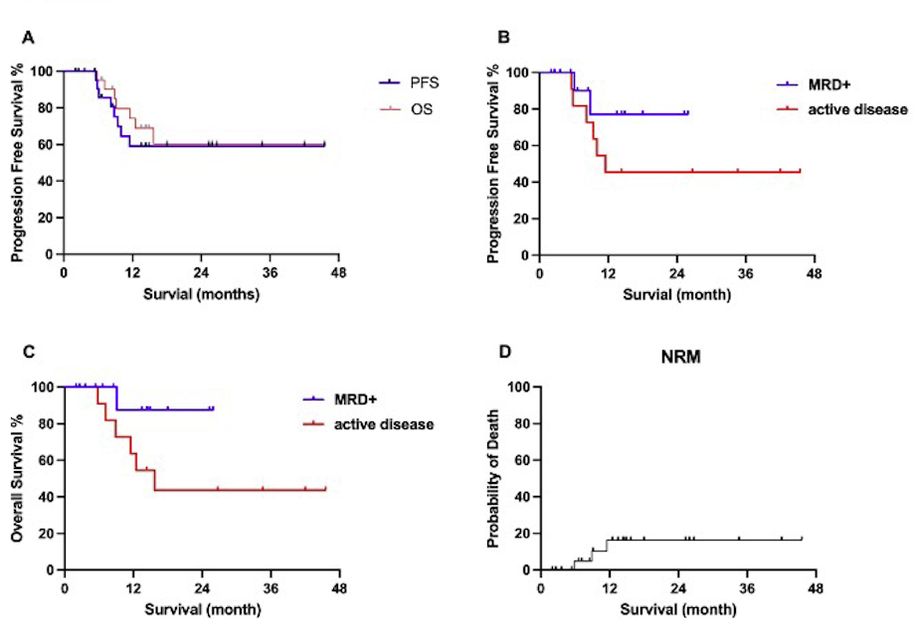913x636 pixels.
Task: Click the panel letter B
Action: coord(503,38)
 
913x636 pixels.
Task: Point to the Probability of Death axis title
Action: coord(494,477)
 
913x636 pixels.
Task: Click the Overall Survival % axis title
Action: coord(19,477)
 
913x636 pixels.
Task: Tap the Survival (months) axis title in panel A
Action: coord(202,294)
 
